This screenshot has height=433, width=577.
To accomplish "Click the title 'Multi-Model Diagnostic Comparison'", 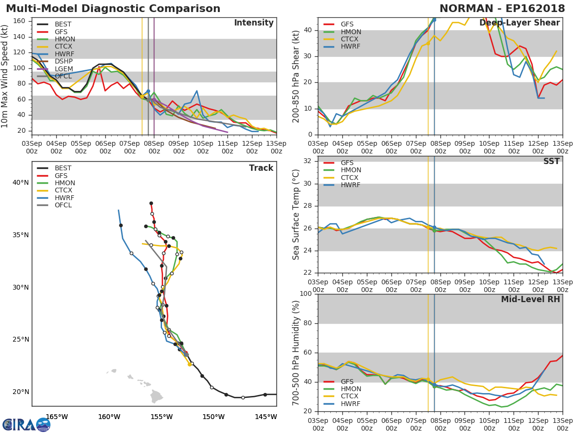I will point(113,9).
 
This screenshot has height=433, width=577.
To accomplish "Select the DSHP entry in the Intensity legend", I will point(63,61).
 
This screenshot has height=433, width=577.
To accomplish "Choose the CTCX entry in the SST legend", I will point(350,178).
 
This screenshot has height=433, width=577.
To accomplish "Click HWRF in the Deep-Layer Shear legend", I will point(350,47).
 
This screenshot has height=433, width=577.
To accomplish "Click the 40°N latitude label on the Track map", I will point(21,183).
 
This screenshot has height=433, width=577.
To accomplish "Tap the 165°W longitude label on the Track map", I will point(56,417).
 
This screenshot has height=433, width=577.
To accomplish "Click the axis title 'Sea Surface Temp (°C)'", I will point(296,215).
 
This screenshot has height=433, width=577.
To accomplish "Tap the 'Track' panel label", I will point(261,168).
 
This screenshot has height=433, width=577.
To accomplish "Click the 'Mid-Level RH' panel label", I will point(530,300).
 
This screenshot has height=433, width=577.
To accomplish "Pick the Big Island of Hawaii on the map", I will point(157,397).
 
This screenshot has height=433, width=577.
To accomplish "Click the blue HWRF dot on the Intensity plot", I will point(148,91).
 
